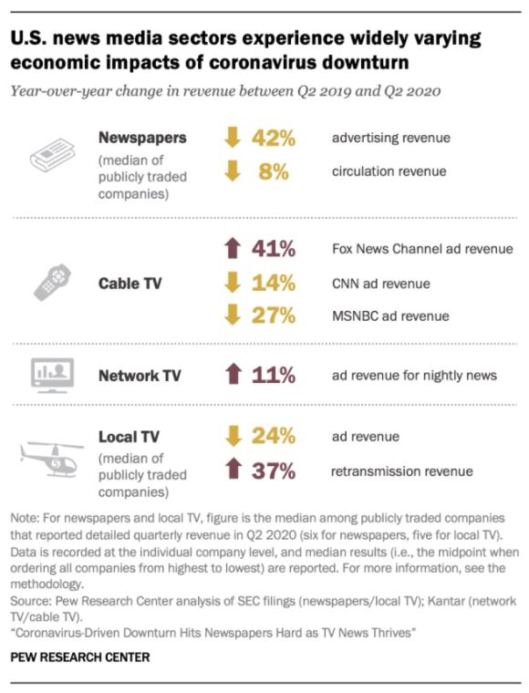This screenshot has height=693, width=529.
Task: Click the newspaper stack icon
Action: [x=53, y=155]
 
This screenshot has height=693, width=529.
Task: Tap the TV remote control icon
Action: [x=53, y=283]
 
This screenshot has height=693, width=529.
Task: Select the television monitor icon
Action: [x=52, y=376]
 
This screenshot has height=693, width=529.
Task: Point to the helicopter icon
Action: [x=52, y=459]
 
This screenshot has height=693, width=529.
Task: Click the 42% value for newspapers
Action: [x=274, y=138]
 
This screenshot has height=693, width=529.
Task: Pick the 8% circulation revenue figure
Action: [x=274, y=171]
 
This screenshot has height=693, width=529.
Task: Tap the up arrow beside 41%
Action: [x=233, y=248]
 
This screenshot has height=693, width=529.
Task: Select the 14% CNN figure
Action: [x=274, y=283]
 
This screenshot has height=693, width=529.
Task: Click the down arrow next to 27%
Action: [x=233, y=315]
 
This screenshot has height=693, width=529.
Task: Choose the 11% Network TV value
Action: [x=274, y=376]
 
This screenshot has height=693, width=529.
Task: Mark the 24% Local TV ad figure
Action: [x=274, y=436]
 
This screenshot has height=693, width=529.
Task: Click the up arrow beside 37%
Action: [x=233, y=469]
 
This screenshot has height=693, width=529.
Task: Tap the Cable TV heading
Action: [x=130, y=283]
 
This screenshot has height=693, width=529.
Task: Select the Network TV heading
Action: [x=140, y=376]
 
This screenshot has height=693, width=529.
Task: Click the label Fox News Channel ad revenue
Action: [x=422, y=249]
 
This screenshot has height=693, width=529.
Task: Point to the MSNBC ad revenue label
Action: [x=390, y=316]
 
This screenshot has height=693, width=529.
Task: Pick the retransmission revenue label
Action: [x=402, y=471]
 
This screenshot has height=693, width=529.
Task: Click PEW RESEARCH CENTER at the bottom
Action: [x=80, y=657]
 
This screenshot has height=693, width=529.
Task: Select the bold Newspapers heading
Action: [x=142, y=138]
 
